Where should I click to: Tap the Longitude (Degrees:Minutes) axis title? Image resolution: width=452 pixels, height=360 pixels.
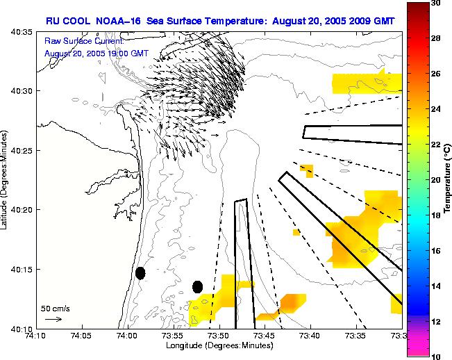[219, 345]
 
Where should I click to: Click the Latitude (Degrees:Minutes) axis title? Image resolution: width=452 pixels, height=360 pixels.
[6, 179]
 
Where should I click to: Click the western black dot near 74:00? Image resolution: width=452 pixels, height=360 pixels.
[140, 273]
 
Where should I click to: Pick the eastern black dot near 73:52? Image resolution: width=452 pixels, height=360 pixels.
[197, 286]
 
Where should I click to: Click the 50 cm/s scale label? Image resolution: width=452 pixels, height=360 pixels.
[55, 308]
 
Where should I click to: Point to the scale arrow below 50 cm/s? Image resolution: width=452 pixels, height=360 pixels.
[53, 319]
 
